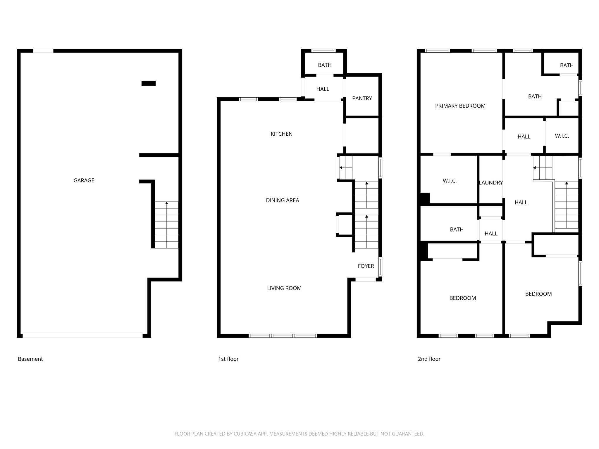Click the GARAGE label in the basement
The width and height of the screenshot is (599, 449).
click(84, 180)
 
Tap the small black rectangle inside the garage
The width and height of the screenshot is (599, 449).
click(148, 83)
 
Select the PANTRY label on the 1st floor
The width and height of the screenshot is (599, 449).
click(362, 99)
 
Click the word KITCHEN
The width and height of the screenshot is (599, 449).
click(281, 134)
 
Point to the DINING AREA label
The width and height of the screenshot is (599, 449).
click(282, 200)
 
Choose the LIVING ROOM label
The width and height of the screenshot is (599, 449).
click(284, 288)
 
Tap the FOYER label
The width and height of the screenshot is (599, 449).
click(366, 266)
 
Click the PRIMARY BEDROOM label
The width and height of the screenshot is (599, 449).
click(460, 106)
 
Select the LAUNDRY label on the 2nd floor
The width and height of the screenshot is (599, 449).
click(491, 183)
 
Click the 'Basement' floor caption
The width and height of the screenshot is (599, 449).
click(30, 359)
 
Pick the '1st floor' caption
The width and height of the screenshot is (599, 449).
click(228, 359)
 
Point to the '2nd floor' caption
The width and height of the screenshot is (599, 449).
click(429, 359)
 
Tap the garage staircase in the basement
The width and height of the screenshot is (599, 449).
click(166, 225)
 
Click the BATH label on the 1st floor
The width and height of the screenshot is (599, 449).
click(325, 65)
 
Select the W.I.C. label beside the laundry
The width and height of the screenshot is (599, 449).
click(450, 181)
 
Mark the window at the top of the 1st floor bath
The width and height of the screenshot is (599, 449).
click(323, 51)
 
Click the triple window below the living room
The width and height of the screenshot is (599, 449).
click(283, 336)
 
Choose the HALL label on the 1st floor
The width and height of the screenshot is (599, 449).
click(323, 89)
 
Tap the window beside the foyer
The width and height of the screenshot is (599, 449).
click(380, 267)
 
